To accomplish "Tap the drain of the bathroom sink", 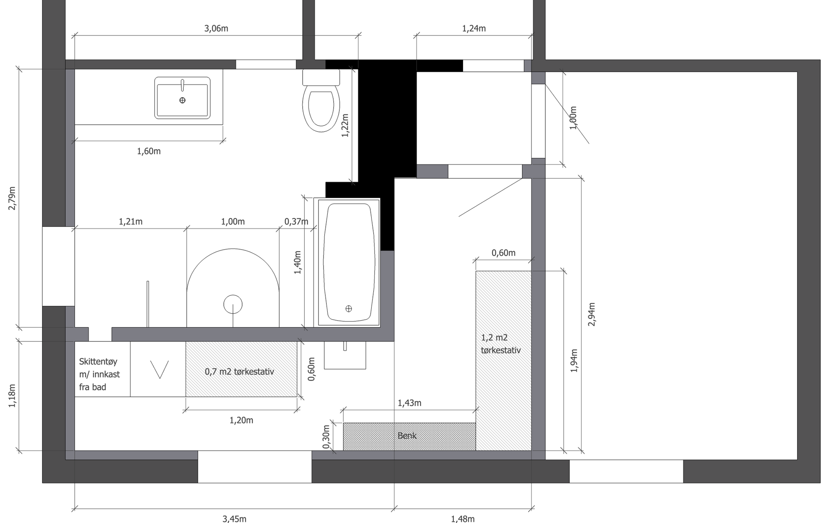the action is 182,100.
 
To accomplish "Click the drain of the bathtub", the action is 349,308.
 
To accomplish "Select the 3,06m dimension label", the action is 216,28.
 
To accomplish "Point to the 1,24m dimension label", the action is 474,28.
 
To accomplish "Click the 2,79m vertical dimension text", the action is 12,198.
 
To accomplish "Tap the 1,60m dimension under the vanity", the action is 149,151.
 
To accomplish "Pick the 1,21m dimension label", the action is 131,222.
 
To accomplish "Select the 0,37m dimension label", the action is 296,222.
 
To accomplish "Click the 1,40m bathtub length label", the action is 297,262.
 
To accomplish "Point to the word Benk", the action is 407,436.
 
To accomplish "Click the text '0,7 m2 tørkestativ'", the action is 239,371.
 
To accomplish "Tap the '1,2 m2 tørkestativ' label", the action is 501,344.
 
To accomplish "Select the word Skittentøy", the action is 98,361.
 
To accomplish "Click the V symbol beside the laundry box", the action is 159,370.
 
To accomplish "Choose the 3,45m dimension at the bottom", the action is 234,519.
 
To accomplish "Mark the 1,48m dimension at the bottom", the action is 463,519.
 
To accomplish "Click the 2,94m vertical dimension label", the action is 592,314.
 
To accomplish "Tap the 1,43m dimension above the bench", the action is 409,403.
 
